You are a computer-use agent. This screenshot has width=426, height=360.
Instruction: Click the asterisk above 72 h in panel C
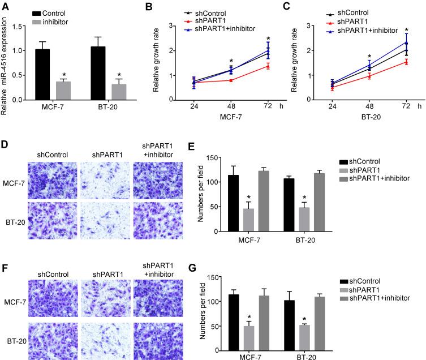[x=406, y=29]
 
